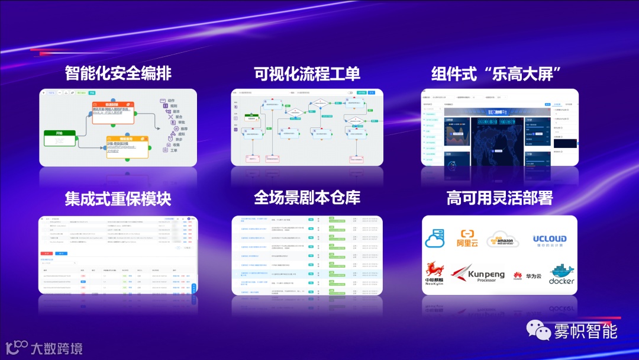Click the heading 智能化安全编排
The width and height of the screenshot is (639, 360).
tap(118, 74)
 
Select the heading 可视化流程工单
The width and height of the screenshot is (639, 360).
tap(306, 74)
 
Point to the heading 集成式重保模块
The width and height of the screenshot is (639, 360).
tap(118, 198)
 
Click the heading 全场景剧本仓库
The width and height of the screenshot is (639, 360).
tap(306, 198)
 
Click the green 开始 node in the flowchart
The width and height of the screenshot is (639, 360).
tap(60, 134)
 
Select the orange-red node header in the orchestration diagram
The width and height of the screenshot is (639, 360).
tap(113, 105)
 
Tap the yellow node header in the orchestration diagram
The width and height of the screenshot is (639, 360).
tap(127, 139)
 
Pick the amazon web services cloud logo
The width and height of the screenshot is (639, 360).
tap(502, 240)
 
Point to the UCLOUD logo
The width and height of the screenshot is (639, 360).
tap(549, 240)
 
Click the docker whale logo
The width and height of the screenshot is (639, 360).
tap(561, 274)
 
